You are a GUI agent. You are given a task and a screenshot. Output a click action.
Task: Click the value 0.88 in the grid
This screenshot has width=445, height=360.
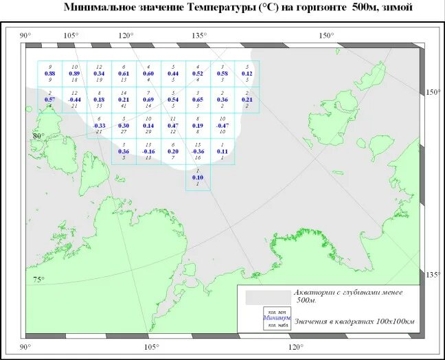49,74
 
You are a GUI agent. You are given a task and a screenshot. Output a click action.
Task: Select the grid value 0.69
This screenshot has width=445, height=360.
148,100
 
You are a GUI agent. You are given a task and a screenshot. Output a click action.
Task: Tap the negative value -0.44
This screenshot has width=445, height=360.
74,100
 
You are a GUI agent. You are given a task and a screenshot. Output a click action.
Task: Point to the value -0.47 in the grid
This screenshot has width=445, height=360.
222,126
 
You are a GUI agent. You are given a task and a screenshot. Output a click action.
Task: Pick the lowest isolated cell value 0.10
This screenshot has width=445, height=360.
198,178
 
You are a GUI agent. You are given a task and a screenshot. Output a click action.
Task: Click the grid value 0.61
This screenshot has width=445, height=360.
124,74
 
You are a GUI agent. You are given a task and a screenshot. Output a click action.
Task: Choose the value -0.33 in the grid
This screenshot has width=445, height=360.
99,126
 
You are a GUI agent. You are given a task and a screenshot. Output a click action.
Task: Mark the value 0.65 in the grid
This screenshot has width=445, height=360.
198,100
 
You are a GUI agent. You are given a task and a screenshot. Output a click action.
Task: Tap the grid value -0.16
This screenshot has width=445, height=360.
148,151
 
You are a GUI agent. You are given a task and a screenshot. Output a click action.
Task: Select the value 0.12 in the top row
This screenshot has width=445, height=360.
247,74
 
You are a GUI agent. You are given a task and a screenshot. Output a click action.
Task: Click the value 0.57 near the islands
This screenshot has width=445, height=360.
49,100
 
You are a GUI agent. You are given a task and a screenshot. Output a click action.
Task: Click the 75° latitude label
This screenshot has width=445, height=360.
38,279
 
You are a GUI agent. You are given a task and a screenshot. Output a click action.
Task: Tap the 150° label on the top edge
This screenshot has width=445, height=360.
326,36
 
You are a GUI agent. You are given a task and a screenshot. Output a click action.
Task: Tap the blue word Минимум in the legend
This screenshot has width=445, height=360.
277,319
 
